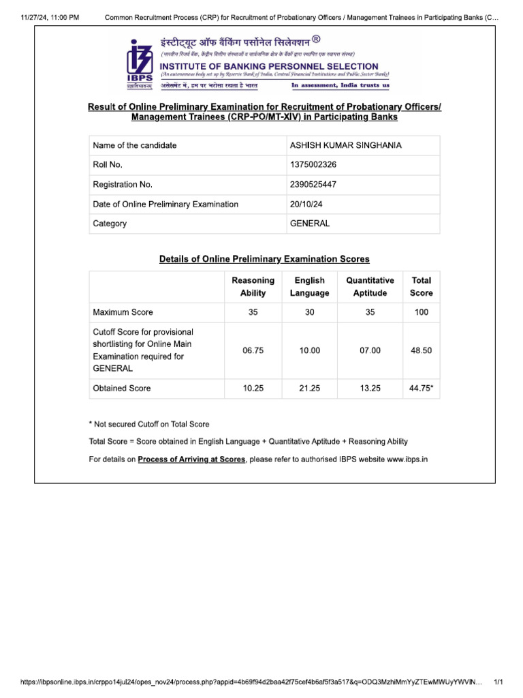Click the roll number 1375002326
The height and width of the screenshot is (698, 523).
313,165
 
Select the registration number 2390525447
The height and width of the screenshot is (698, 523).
313,185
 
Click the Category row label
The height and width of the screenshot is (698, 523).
110,224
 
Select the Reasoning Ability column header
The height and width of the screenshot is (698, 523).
253,286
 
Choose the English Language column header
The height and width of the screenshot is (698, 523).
309,286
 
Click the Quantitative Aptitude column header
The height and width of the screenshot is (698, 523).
370,286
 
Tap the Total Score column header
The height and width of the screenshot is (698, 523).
421,286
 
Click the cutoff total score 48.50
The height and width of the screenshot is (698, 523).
421,350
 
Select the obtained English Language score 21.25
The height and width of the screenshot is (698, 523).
309,388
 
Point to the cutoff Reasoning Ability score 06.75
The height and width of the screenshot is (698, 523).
253,350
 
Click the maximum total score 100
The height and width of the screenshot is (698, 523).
421,312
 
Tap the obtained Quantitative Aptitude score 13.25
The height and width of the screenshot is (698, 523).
370,388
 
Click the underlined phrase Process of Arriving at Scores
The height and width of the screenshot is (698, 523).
191,460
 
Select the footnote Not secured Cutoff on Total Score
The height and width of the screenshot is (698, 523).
151,424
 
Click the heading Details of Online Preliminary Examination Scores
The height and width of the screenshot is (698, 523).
264,259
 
